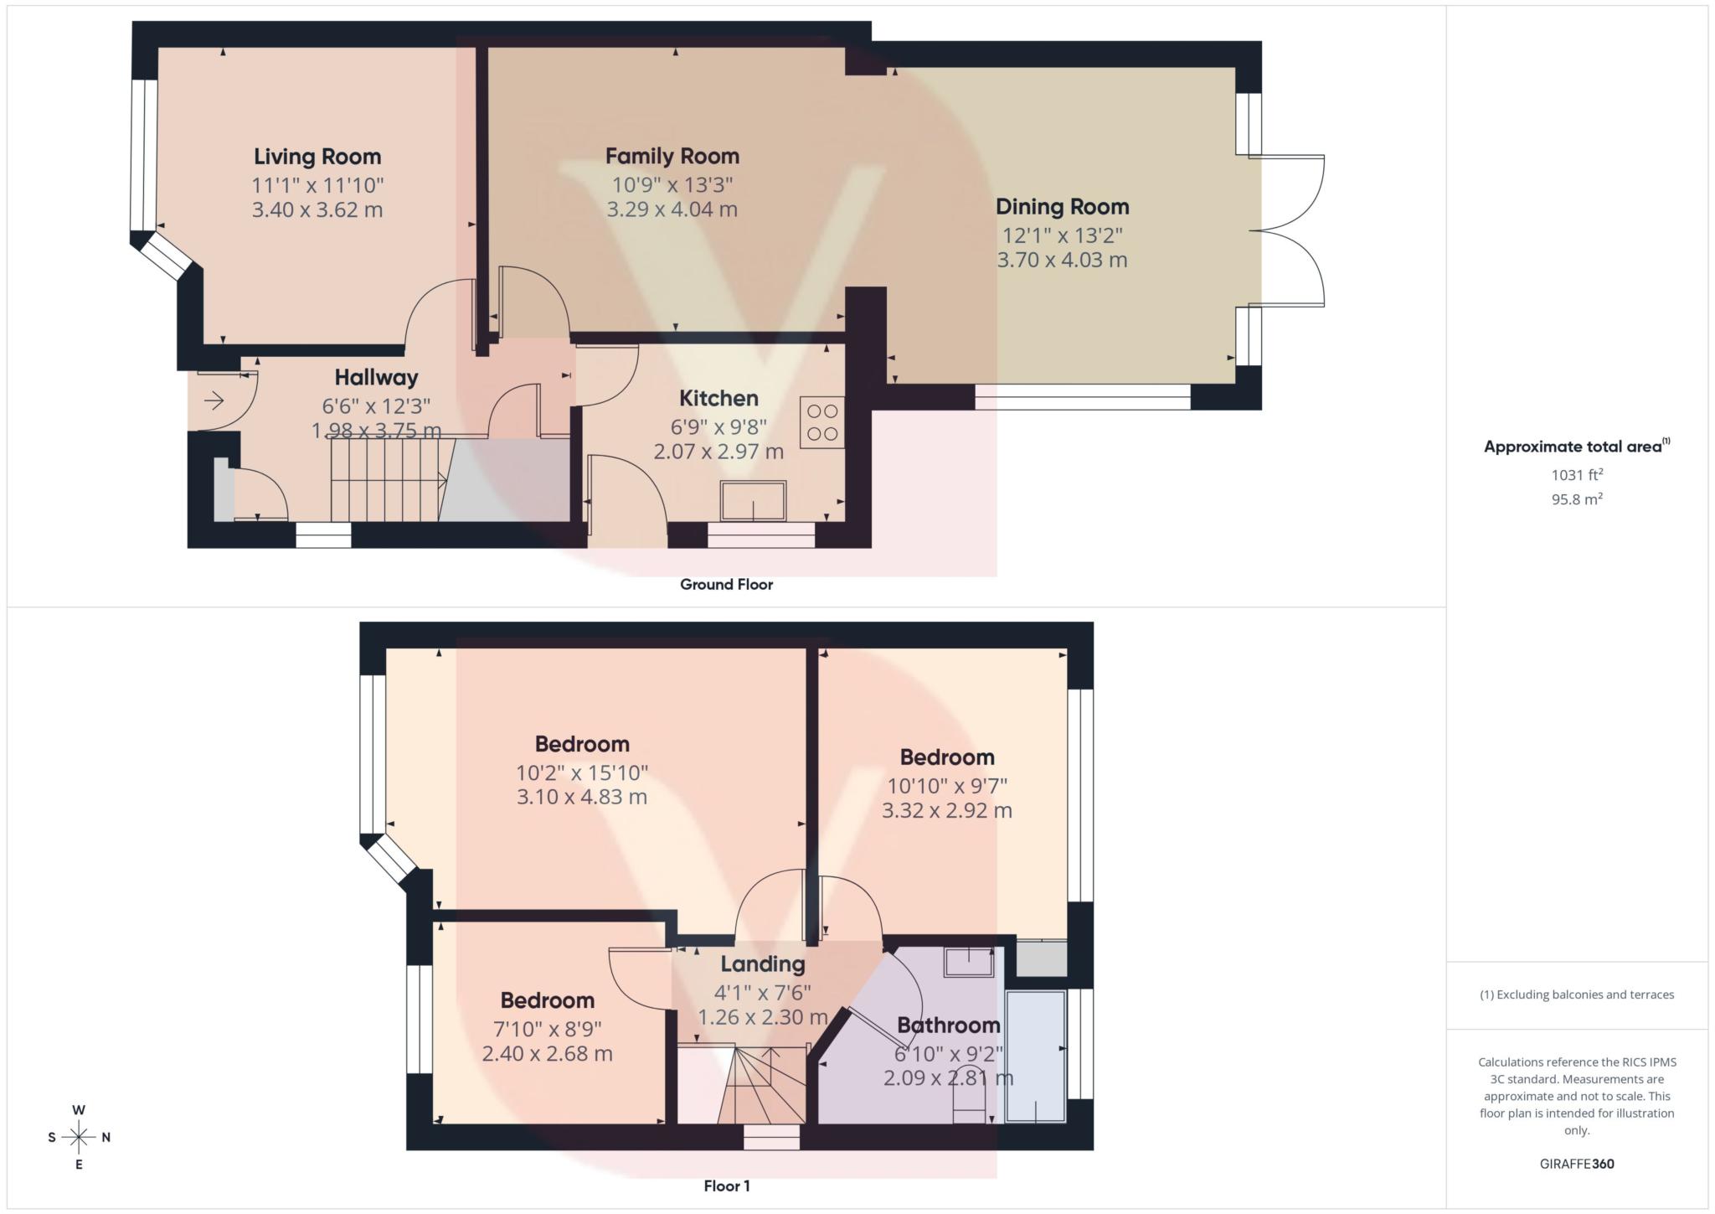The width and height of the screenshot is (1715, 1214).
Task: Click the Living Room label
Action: (317, 157)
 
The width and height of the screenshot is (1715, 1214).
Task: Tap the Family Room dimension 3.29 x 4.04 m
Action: (672, 209)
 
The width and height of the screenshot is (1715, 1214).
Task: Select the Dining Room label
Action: (1062, 207)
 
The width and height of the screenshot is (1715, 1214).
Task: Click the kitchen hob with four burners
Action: (821, 422)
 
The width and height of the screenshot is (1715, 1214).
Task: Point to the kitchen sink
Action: (754, 501)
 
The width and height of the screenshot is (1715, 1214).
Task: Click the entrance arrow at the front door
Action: (214, 401)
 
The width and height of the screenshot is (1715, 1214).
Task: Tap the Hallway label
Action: (376, 378)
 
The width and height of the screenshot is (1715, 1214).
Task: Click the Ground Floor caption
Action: (726, 585)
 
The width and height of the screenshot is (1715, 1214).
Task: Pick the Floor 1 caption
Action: (726, 1186)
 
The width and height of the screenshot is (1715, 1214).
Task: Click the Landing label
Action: (761, 964)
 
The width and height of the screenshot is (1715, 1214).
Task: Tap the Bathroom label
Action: (948, 1025)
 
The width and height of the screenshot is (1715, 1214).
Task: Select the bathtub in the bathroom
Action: (1035, 1056)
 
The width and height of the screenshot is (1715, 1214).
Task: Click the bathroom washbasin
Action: (969, 962)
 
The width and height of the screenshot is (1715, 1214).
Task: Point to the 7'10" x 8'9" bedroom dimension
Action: (548, 1028)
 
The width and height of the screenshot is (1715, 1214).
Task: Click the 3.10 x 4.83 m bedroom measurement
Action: (581, 797)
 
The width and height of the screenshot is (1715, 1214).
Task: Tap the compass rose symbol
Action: (79, 1137)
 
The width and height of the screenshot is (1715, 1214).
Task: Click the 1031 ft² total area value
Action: (1577, 475)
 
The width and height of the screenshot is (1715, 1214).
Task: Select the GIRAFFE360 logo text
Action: (1577, 1164)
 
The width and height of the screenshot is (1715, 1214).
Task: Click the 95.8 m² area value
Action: (1577, 499)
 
